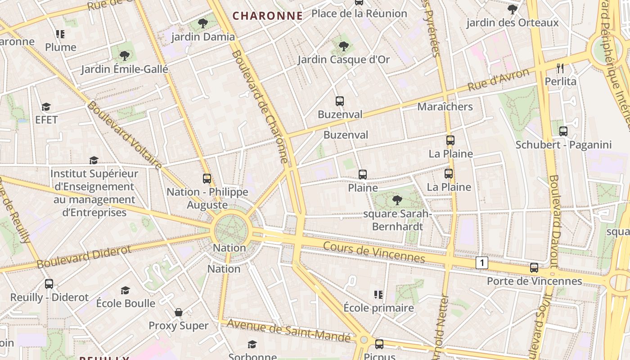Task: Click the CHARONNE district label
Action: [267, 16]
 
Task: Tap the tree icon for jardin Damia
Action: [203, 23]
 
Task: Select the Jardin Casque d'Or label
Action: [343, 59]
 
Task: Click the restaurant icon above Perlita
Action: [560, 68]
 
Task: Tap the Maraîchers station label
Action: [445, 107]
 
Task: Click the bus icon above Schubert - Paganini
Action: [563, 131]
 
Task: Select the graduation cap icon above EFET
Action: [46, 107]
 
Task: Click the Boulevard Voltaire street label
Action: [124, 135]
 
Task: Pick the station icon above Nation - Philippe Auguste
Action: [207, 179]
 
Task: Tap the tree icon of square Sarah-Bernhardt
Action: [397, 200]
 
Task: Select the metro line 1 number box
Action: [482, 263]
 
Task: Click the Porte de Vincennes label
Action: [534, 281]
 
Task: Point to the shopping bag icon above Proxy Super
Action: [179, 312]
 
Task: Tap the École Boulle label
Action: [126, 303]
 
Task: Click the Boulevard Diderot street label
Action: [84, 256]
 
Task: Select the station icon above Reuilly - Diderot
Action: [49, 284]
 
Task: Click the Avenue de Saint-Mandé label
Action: [288, 330]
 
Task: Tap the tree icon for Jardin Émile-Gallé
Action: [124, 56]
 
